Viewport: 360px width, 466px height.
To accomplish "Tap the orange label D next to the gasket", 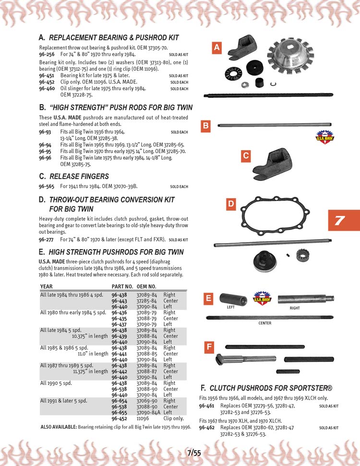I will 231,204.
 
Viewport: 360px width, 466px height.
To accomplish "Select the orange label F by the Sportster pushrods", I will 209,347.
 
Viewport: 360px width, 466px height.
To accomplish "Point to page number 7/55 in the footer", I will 194,452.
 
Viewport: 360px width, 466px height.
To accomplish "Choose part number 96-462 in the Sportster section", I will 207,427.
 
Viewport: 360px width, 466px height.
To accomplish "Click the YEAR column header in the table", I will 47,287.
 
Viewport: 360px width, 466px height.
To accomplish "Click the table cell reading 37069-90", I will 146,401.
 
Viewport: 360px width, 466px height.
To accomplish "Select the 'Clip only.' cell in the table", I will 174,418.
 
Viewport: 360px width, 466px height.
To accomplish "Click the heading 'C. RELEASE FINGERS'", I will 74,176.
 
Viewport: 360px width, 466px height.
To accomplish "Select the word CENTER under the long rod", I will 265,323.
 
